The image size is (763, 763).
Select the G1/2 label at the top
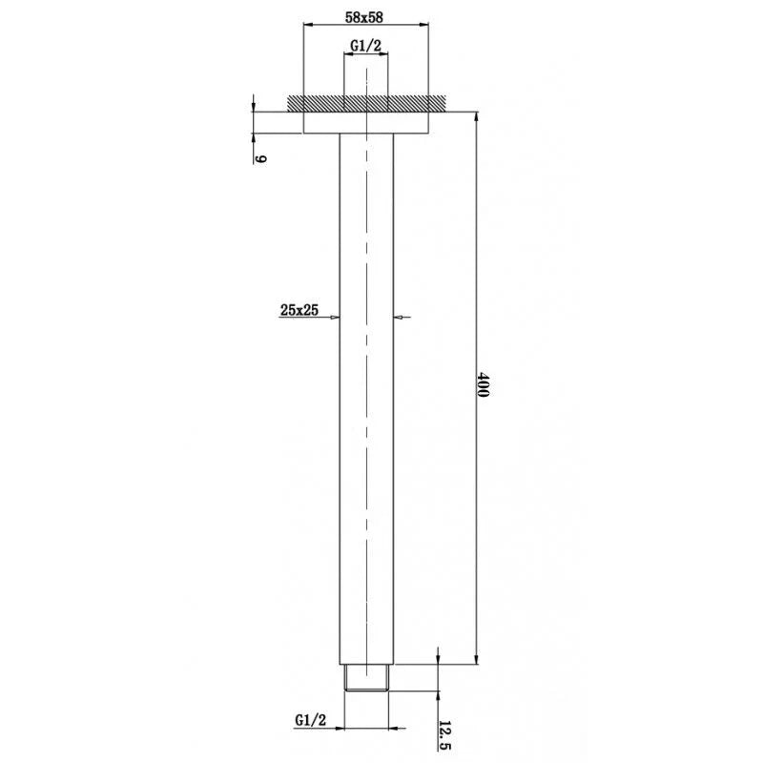click(366, 46)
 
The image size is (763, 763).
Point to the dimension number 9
click(259, 157)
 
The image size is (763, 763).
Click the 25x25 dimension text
click(299, 308)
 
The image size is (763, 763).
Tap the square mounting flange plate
click(365, 122)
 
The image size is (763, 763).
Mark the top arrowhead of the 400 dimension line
click(475, 115)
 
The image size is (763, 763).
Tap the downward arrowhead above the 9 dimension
click(255, 106)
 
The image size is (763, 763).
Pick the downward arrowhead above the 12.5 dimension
click(438, 658)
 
